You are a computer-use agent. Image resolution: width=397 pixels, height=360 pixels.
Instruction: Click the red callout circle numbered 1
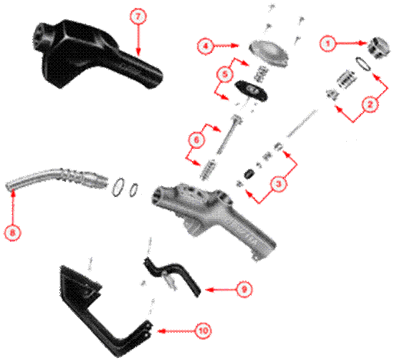[x=327, y=44]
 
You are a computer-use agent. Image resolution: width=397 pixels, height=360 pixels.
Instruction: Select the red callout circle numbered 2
[x=370, y=104]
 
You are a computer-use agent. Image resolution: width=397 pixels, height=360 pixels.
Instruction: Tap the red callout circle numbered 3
[x=278, y=183]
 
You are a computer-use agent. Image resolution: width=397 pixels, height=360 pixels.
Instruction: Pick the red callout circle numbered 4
[x=206, y=46]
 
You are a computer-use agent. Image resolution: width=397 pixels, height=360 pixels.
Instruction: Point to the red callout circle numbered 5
[x=225, y=74]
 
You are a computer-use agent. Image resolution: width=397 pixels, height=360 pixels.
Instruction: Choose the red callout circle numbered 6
[x=196, y=140]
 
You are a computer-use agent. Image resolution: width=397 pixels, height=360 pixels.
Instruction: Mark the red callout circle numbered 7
[x=138, y=16]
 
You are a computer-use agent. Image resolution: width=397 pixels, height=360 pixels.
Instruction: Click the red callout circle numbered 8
[x=12, y=232]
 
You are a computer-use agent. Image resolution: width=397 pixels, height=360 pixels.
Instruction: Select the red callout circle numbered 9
[x=244, y=289]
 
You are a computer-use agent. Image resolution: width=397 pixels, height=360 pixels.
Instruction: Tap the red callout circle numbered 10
[x=204, y=331]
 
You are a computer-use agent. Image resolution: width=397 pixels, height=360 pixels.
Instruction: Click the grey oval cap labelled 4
[x=269, y=53]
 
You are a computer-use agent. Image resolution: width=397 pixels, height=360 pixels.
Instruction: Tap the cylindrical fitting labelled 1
[x=378, y=48]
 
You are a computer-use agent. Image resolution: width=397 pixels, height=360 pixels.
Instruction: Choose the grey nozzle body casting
[x=213, y=215]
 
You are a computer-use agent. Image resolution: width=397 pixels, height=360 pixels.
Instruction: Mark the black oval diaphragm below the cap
[x=251, y=90]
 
